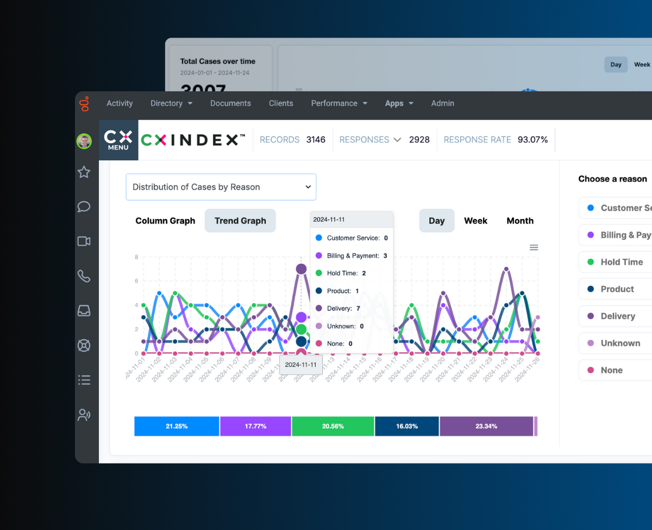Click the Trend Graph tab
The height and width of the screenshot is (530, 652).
point(240,221)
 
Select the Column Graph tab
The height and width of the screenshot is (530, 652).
point(165,221)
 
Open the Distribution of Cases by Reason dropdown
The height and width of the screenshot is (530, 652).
point(221,187)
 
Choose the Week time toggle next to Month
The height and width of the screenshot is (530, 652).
point(475,221)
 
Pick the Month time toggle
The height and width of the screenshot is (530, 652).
point(520,221)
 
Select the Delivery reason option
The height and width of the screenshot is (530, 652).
point(617,316)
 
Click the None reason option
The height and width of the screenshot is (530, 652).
point(611,370)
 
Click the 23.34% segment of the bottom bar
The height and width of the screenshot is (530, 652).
point(486,426)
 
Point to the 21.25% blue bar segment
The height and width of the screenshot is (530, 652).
point(177,426)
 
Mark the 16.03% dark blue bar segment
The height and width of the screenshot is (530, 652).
point(406,426)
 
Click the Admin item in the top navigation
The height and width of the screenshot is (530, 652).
point(442,103)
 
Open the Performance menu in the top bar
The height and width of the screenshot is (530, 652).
point(339,103)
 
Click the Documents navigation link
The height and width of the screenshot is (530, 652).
point(230,103)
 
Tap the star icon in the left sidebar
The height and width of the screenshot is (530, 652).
point(84,172)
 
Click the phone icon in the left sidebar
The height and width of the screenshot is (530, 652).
point(84,276)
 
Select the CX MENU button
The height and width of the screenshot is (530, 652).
point(118,140)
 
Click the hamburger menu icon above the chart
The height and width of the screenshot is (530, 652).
point(534,247)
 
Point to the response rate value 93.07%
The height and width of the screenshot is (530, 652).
point(532,140)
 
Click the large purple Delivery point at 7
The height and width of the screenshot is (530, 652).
point(301,269)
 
